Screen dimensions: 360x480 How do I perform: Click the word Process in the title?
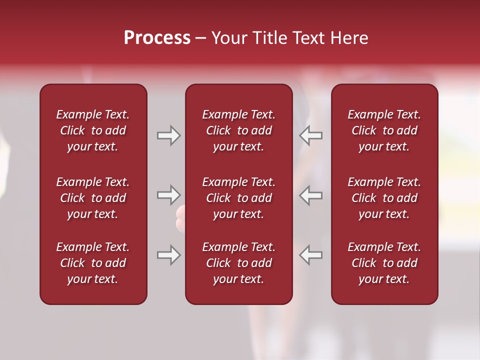point(157,38)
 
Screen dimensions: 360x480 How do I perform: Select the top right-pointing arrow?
point(168,135)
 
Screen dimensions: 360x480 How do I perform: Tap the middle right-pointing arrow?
point(168,195)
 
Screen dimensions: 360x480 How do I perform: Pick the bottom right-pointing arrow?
point(168,255)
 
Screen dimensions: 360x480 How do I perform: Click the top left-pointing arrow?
point(310,135)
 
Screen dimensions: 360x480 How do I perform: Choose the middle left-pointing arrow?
point(310,195)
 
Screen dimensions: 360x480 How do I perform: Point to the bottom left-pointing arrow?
point(310,255)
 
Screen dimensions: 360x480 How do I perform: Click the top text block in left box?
point(93,130)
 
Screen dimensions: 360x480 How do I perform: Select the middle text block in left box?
point(93,198)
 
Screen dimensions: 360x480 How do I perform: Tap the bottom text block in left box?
point(93,263)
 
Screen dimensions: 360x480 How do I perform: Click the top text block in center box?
point(238,130)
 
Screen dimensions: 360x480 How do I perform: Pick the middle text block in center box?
point(238,198)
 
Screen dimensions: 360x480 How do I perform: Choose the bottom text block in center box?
point(238,263)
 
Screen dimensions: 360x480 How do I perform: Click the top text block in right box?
point(384,130)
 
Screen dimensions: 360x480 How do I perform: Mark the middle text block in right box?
point(384,198)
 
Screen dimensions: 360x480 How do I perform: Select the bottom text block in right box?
point(384,263)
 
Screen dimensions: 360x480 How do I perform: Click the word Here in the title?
point(349,38)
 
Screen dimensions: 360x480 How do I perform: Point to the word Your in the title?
point(229,38)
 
